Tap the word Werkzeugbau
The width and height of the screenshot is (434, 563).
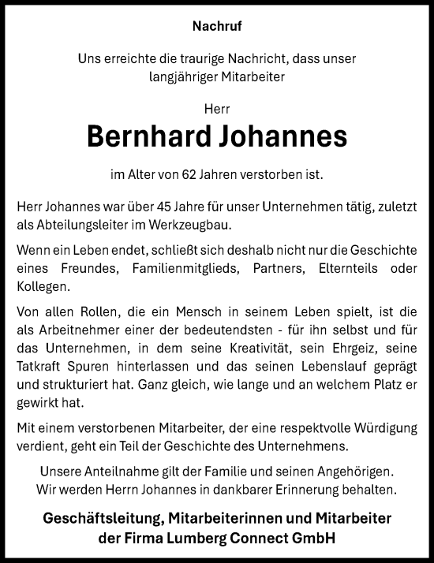click(197, 225)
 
